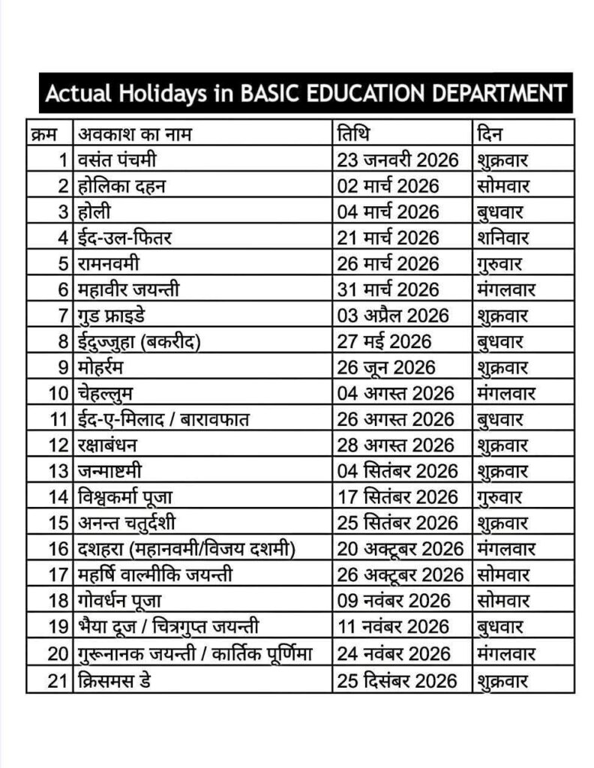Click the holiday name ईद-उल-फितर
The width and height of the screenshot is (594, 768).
124,238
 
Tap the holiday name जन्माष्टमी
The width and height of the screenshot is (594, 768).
109,472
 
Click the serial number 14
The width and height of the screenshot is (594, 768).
59,497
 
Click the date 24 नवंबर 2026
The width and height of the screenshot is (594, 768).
393,654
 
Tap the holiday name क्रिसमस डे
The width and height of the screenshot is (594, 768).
117,680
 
